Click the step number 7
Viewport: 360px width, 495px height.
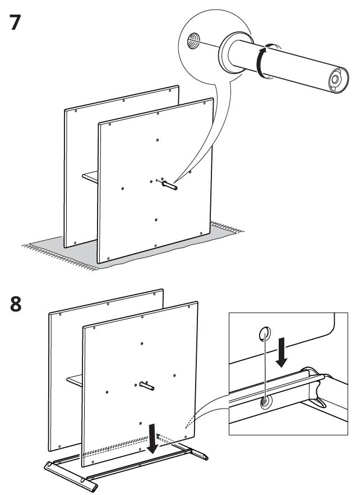pos(15,22)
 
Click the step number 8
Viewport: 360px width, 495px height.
pos(16,304)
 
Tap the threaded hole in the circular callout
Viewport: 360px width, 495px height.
pos(193,41)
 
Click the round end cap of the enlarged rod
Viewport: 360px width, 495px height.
pos(338,79)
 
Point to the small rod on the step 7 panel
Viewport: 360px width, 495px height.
pos(169,185)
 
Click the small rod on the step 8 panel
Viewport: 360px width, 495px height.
pos(147,386)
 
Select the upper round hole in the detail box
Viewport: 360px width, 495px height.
pos(265,334)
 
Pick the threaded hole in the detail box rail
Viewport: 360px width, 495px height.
pos(265,402)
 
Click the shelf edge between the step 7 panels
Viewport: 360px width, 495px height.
pos(90,177)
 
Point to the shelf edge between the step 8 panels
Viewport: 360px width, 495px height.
pos(75,381)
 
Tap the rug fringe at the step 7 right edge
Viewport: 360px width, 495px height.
pos(227,227)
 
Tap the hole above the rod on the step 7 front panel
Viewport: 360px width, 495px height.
pos(158,140)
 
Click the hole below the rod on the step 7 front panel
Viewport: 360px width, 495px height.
pos(156,220)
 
